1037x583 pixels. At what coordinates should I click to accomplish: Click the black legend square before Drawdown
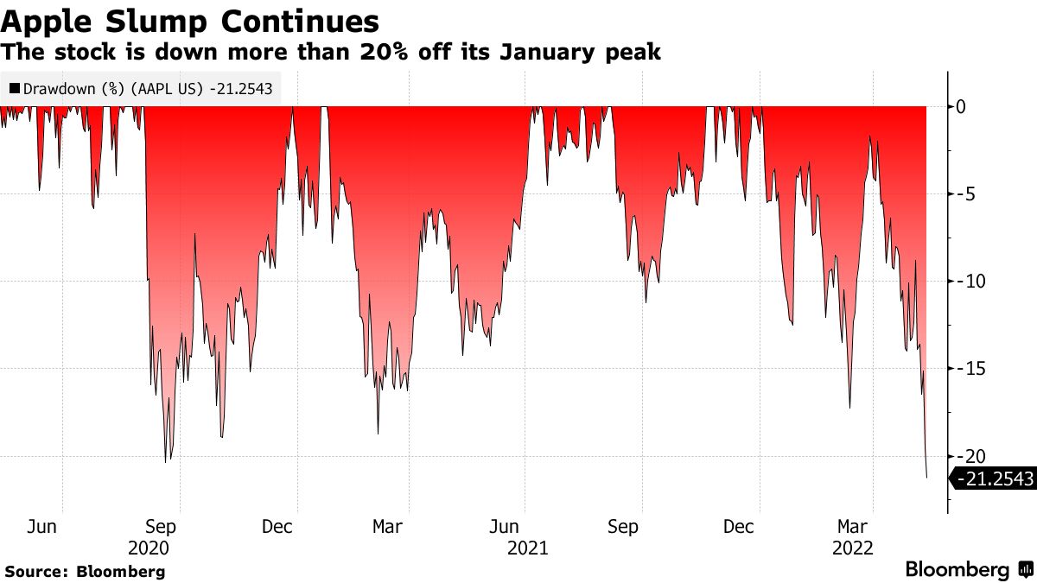pos(14,89)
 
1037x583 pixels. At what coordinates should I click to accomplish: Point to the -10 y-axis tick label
pos(968,282)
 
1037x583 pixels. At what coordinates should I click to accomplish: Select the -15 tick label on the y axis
pos(968,369)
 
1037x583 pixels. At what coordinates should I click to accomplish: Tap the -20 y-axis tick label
pos(968,456)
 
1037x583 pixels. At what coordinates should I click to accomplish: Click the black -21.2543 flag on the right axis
pos(994,478)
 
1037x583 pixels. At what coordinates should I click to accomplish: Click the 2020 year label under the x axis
pos(149,548)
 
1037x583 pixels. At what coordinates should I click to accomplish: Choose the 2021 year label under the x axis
pos(527,548)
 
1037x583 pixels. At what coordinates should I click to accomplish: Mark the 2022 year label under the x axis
pos(852,548)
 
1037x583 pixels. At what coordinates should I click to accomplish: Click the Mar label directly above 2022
pos(852,526)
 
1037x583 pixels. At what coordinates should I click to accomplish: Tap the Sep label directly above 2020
pos(161,526)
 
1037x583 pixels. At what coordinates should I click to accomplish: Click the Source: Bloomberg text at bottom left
pos(85,571)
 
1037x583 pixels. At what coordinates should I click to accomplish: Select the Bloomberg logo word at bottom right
pos(957,570)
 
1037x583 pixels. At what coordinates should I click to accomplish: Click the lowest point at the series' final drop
pos(926,478)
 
